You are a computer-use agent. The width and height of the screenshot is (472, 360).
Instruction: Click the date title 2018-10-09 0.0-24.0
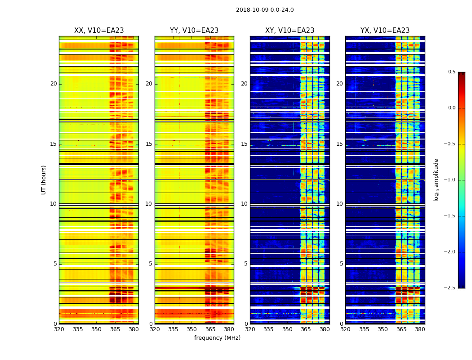tap(265, 10)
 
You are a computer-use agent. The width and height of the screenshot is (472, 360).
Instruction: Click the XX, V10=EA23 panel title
tap(99, 31)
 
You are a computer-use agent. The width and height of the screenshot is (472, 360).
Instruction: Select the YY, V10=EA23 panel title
tap(194, 31)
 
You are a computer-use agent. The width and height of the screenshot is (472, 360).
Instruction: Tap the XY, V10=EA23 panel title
tap(289, 31)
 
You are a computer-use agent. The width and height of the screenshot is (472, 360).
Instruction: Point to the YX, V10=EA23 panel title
tap(385, 31)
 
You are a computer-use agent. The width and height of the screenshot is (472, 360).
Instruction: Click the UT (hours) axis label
tap(44, 180)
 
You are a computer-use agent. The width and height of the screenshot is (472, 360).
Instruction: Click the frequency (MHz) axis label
tap(217, 338)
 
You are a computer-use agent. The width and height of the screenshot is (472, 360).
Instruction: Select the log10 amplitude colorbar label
tap(436, 180)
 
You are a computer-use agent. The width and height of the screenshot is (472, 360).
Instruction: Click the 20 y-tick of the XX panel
tap(53, 84)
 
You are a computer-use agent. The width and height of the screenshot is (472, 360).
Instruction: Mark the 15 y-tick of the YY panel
tap(149, 144)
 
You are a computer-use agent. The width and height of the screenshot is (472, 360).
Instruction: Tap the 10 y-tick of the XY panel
tap(244, 204)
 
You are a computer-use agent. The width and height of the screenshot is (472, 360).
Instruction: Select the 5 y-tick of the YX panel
tap(342, 264)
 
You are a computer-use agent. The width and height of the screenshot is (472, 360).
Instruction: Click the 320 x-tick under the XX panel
tap(59, 329)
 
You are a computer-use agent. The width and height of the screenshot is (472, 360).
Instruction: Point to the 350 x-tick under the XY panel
tap(287, 329)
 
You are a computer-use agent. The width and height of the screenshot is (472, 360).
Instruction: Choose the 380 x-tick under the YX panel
tap(420, 329)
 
